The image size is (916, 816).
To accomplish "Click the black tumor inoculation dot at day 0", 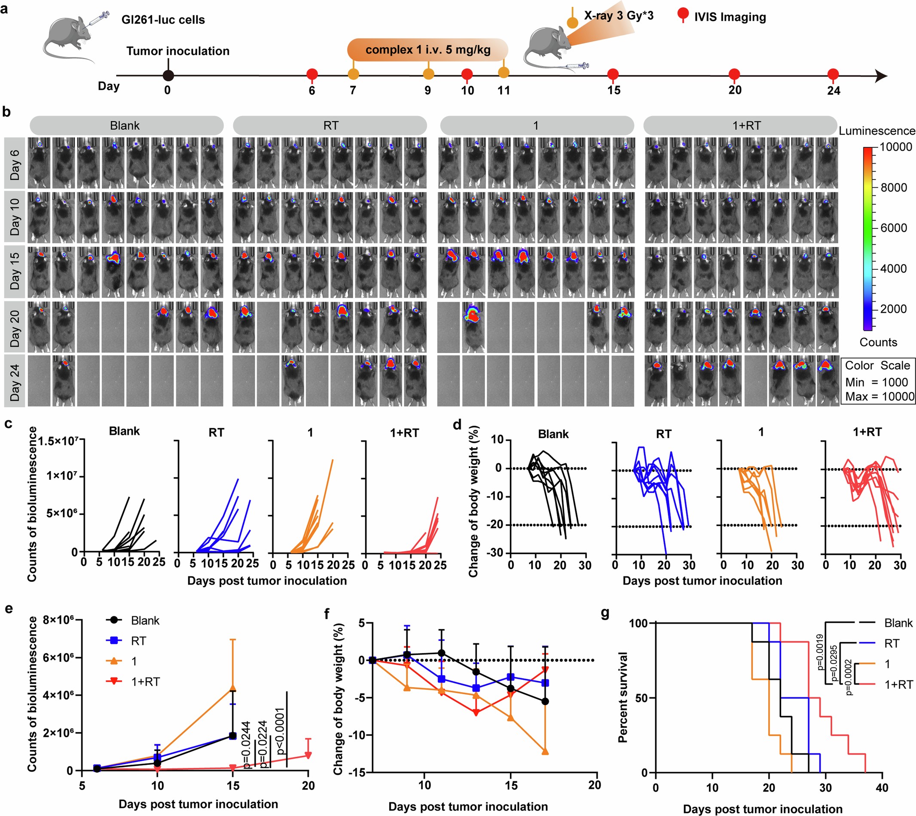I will coord(168,76).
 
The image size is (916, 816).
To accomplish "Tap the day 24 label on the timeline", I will coord(834,91).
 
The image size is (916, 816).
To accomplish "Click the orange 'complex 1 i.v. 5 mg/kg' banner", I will coord(427,50).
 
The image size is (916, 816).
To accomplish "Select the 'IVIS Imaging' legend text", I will coord(730,17).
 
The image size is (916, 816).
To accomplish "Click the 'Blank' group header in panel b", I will coord(125,125).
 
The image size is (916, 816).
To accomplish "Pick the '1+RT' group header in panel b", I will coord(746,125).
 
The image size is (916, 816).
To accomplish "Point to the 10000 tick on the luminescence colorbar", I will coord(895,147).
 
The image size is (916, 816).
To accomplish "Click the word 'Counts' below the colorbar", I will coord(878,342).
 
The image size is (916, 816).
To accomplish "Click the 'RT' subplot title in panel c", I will coord(216,432).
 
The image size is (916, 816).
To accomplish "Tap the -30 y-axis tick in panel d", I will coord(497,553).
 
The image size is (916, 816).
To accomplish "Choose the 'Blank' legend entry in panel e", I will coord(145,621).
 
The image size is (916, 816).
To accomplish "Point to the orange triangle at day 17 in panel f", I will coord(545,752).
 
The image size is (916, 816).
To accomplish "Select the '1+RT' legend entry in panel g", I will coord(898,685).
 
